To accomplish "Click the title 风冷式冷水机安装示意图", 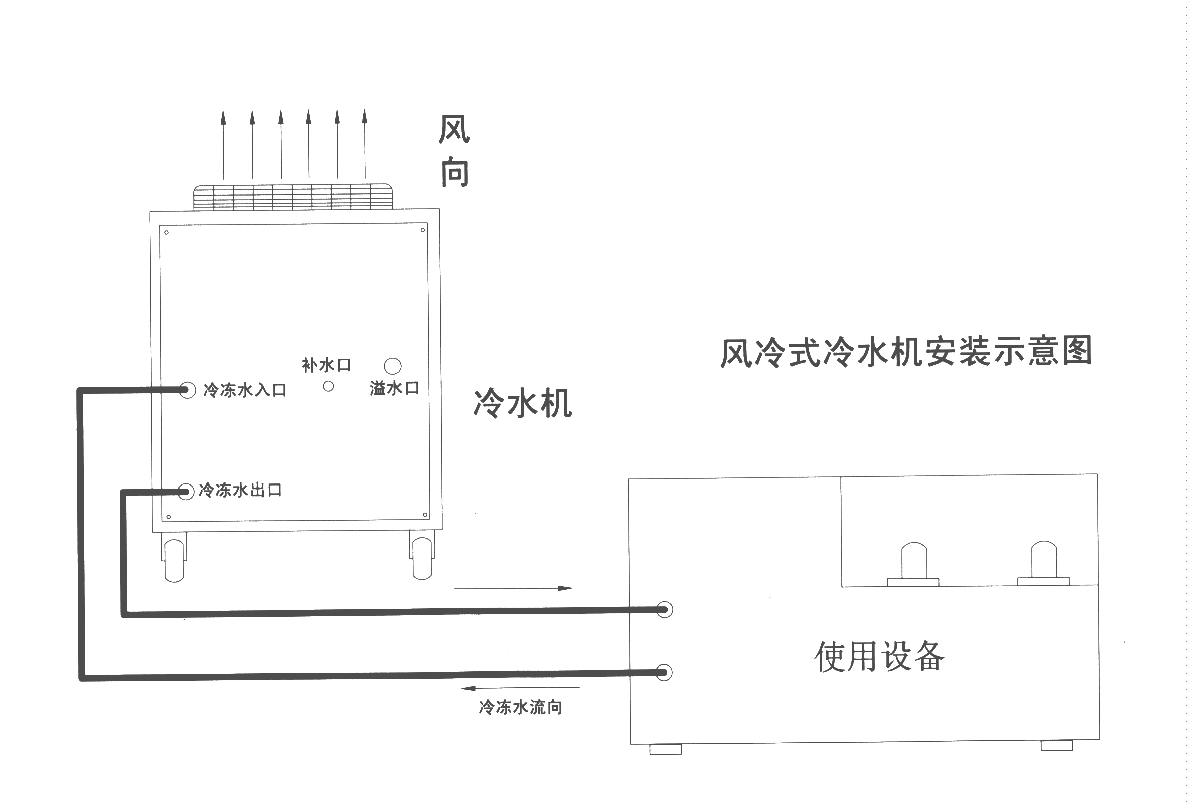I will (x=906, y=352).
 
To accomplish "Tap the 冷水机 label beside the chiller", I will (x=522, y=403).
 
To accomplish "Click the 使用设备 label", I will (x=879, y=656).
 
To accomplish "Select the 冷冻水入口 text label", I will (x=245, y=390).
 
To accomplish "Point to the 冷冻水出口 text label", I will (x=240, y=490).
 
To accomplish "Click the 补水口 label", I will (x=326, y=365).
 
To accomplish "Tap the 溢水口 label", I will (x=394, y=388).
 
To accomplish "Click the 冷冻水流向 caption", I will (x=520, y=707).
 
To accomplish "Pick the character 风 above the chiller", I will (x=454, y=129).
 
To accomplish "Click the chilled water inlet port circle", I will (x=187, y=390).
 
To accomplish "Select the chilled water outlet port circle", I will (x=186, y=492).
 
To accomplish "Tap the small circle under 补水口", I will (x=328, y=386).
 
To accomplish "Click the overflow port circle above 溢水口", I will (x=392, y=366).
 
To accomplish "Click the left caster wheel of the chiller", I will (x=174, y=561).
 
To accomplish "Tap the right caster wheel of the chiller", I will (x=422, y=559).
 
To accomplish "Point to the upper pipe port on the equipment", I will (x=664, y=610).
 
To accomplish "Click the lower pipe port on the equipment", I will (x=664, y=672).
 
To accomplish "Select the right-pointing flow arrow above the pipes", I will (x=513, y=588).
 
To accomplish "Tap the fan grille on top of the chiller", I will (x=293, y=197).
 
